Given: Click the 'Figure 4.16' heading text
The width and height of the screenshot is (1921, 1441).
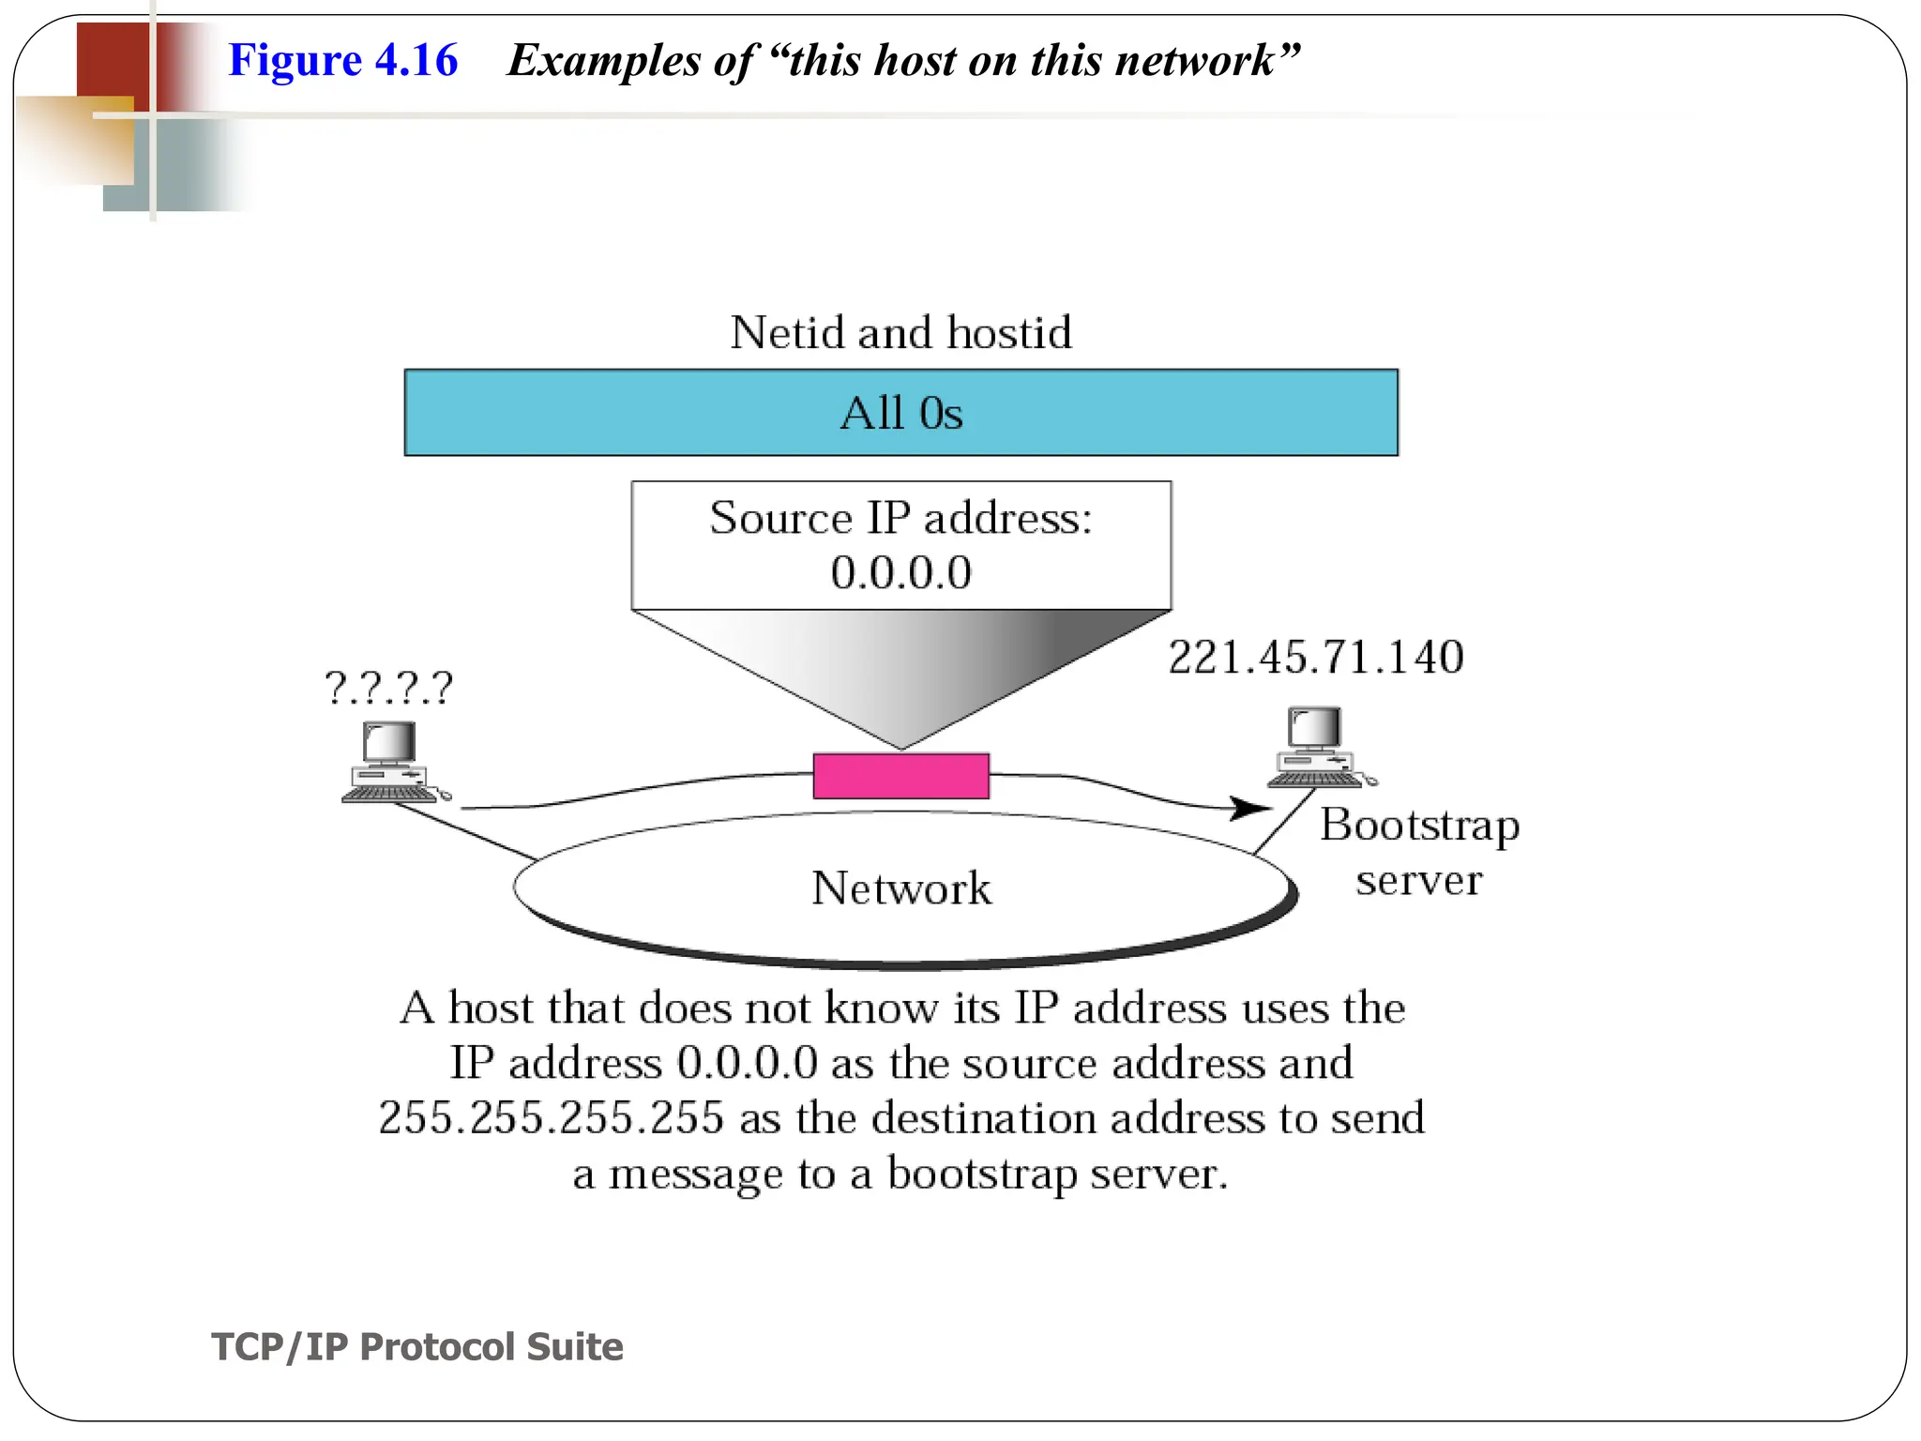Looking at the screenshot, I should (342, 60).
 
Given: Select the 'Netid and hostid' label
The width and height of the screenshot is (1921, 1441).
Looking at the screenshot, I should (900, 332).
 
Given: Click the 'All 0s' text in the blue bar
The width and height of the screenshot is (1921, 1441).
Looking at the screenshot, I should (900, 413).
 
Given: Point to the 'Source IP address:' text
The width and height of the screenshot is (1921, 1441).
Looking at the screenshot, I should (900, 518).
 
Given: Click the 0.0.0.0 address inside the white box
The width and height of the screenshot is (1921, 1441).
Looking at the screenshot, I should (900, 572).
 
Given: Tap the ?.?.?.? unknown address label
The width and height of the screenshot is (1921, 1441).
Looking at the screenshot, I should (388, 688).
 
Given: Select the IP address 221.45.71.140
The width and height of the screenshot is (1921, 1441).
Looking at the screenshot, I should (1315, 657).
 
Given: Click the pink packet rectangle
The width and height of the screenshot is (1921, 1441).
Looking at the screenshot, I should (900, 776).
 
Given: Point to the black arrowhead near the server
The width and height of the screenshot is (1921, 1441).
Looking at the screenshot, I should (1251, 808).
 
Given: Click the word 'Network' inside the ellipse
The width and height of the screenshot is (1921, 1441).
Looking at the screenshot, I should (900, 887).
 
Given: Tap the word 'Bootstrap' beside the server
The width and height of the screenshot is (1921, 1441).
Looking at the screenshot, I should (1419, 826).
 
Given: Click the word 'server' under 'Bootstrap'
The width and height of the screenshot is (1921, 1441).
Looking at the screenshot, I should (1418, 880).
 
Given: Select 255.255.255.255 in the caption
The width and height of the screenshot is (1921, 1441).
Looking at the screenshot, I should (551, 1118).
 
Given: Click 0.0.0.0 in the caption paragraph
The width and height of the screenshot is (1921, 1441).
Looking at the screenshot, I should (747, 1063).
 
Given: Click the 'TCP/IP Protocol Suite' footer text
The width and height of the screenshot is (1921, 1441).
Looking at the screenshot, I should (417, 1346).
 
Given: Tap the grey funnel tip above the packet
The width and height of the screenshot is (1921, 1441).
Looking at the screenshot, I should (900, 736).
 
